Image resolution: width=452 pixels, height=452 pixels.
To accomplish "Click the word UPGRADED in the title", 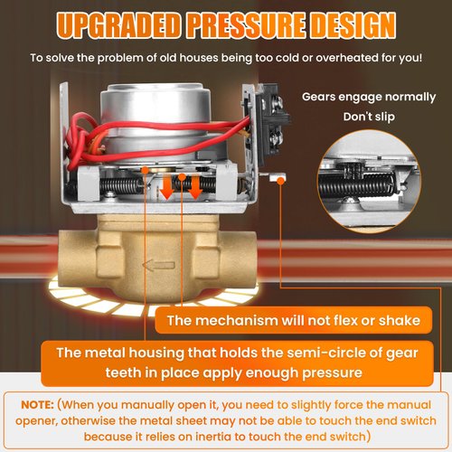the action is coord(118,24).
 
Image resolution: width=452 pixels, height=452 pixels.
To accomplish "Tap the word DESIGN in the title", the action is coord(353,24).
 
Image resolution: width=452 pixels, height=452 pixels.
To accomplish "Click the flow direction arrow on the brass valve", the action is coord(158,265).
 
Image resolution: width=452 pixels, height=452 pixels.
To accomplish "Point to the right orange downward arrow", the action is coord(195,188).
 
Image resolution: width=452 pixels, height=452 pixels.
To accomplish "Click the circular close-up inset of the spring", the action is coord(370,182).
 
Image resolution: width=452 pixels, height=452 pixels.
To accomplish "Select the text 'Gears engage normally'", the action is coord(369,97).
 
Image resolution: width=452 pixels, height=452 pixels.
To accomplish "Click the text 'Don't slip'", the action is coord(369,117).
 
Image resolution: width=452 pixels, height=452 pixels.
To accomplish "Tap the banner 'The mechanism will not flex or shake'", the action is coord(294,320).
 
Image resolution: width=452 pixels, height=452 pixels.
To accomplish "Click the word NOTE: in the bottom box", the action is coord(37,405).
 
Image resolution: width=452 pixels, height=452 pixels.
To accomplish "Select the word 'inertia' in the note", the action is coord(213,437).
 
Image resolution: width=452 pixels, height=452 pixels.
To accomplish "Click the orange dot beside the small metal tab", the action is coord(281,181).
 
